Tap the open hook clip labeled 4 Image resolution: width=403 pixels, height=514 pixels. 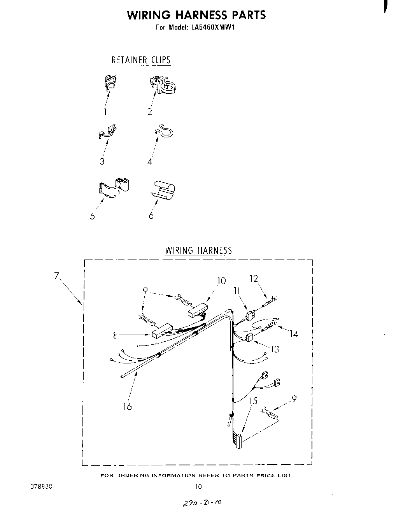(165, 132)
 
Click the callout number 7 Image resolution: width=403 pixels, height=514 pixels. (57, 276)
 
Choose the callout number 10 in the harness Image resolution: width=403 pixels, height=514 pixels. (221, 281)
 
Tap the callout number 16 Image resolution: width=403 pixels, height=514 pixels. (127, 407)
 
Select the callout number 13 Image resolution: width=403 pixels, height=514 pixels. (275, 349)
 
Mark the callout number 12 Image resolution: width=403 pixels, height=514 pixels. (254, 279)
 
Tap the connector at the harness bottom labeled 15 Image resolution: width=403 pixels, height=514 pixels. (237, 440)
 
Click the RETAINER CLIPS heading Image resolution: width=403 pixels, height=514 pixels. (141, 60)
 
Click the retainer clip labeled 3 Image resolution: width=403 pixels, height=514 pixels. (108, 132)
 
